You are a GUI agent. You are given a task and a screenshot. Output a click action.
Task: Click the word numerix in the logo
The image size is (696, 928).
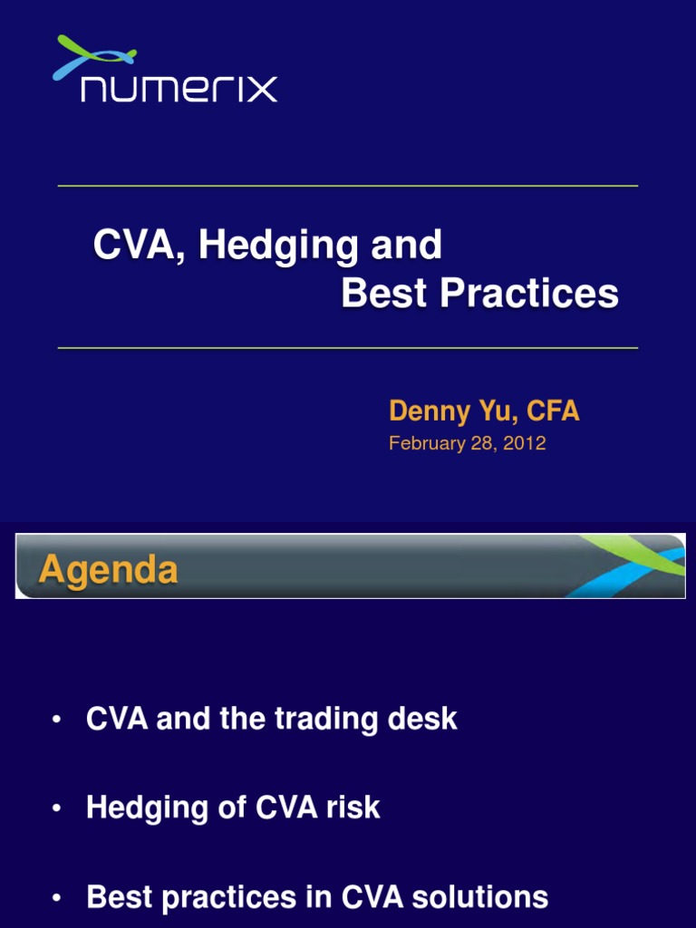179,89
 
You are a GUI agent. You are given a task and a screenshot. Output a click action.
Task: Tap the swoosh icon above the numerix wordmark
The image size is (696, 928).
93,56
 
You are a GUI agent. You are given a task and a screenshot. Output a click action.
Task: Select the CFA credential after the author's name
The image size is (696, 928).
552,411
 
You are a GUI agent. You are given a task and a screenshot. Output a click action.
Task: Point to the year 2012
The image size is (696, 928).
527,443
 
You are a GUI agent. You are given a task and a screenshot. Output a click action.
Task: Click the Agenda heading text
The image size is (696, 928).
108,570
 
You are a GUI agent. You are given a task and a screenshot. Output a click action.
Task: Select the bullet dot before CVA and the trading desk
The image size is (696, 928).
56,720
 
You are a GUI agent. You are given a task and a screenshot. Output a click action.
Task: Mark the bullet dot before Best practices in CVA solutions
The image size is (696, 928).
56,897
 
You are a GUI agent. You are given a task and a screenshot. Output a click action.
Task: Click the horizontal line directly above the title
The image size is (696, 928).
348,186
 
